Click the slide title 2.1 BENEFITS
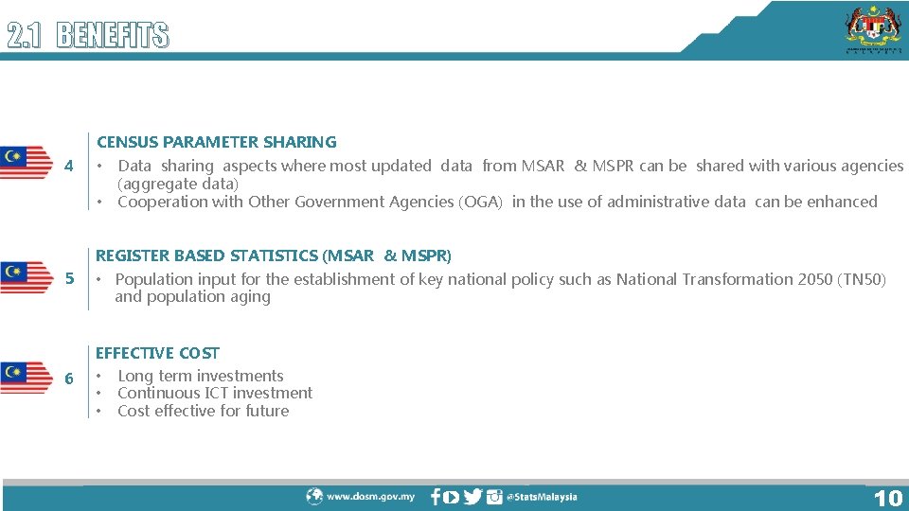(x=88, y=36)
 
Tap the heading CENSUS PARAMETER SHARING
(x=217, y=142)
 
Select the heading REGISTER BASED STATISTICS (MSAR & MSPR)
(x=274, y=255)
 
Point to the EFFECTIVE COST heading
(x=157, y=353)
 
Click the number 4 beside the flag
(x=69, y=167)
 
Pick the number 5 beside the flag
(x=69, y=279)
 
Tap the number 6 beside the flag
(x=69, y=379)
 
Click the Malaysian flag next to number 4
(x=27, y=163)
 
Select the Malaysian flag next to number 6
(x=27, y=377)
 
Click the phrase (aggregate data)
(x=178, y=184)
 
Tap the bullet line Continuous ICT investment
(x=214, y=393)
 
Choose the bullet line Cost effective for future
(x=203, y=411)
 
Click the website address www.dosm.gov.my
(x=370, y=497)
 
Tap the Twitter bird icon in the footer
(x=472, y=497)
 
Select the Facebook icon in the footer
(x=435, y=497)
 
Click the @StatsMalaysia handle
(x=541, y=497)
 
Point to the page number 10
(x=887, y=498)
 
